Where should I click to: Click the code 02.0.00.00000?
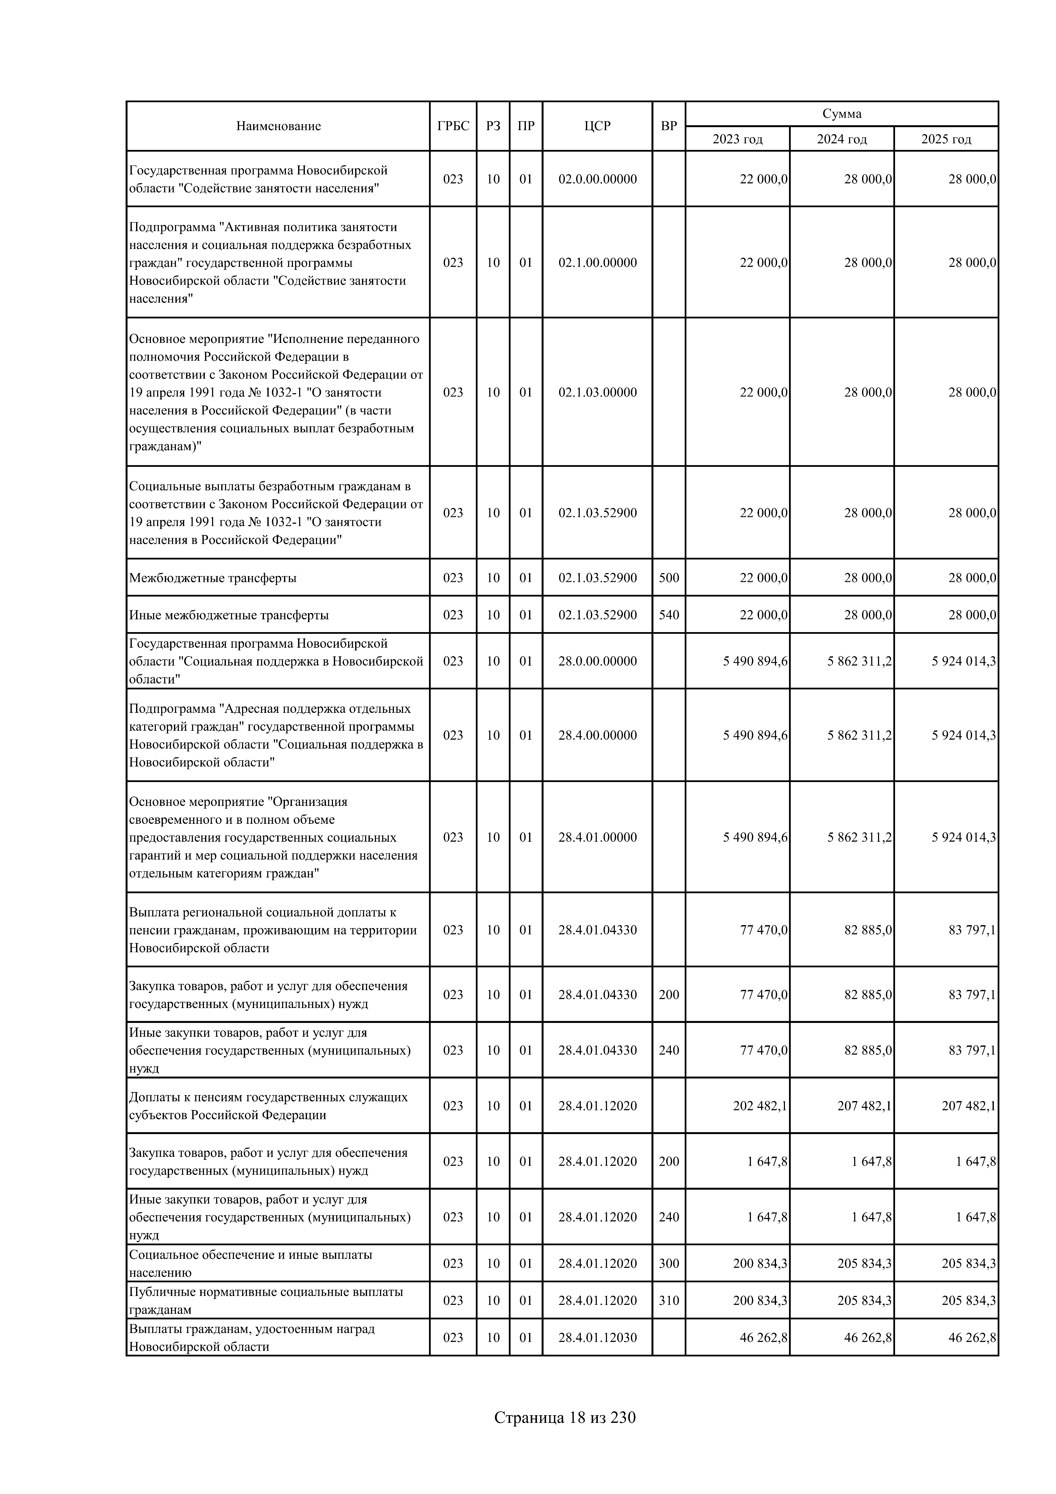click(x=597, y=179)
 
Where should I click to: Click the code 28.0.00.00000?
click(x=597, y=661)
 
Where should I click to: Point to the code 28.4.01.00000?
click(x=597, y=837)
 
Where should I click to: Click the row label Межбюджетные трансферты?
click(x=213, y=578)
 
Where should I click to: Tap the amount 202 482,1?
click(x=760, y=1106)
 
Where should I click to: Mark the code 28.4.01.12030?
click(x=597, y=1338)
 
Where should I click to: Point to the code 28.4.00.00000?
click(x=597, y=735)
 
